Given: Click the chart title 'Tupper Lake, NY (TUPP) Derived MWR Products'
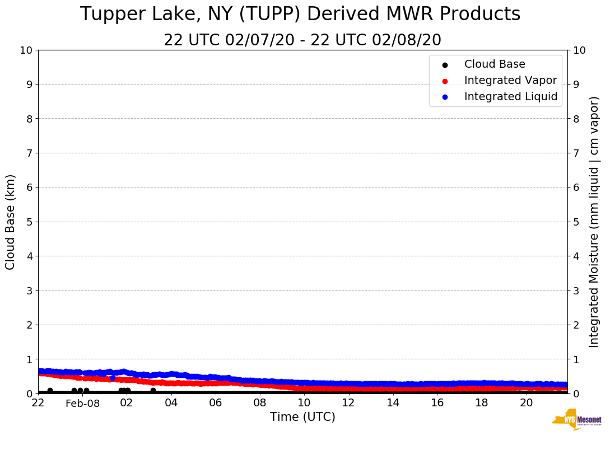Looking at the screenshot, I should click(x=300, y=15).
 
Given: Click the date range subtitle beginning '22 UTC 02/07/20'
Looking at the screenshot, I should click(x=302, y=40).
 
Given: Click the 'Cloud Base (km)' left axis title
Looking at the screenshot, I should click(x=11, y=222).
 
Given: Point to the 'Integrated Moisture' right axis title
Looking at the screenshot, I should click(x=594, y=222).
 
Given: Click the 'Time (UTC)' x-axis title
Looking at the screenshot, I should click(x=302, y=417).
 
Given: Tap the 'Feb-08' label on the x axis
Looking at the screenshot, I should click(x=82, y=404).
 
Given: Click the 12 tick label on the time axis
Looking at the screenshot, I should click(x=348, y=402).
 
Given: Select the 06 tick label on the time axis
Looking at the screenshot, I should click(x=215, y=402).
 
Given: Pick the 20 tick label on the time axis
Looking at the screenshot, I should click(x=526, y=402).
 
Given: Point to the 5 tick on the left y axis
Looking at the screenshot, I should click(x=30, y=222).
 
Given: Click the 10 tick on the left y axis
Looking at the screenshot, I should click(x=27, y=50).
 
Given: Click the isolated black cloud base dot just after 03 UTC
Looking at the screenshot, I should click(x=153, y=391).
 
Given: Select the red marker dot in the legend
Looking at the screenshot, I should click(x=445, y=81).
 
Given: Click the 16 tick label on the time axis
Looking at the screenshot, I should click(x=437, y=402).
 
